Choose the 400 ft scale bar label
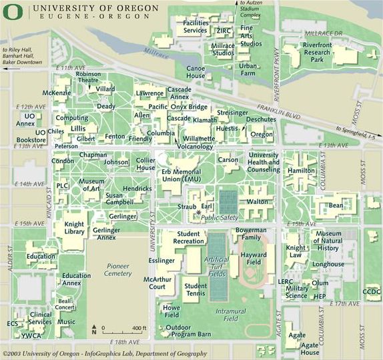point(138,329)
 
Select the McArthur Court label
point(163,283)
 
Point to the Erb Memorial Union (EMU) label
point(181,175)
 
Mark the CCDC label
point(371,291)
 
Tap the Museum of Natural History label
point(328,241)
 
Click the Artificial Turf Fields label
point(218,267)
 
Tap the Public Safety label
point(220,217)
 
